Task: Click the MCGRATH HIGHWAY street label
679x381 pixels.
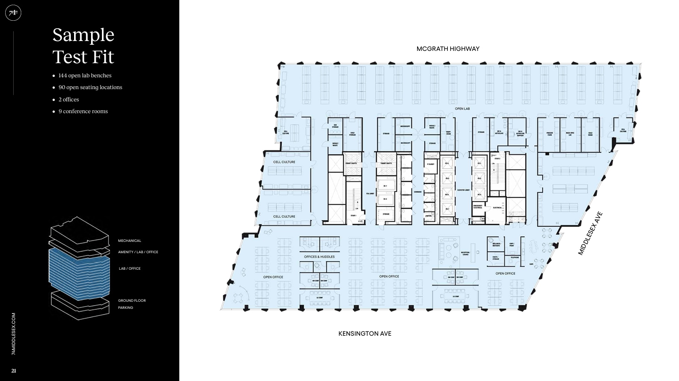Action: [448, 49]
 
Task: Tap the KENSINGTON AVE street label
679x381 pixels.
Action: [365, 334]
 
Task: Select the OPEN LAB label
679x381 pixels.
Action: [462, 109]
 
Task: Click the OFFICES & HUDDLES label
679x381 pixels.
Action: [319, 257]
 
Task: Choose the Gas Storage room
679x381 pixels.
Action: [335, 126]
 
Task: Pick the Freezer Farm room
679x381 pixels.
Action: [549, 134]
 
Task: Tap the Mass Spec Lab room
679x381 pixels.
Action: [570, 134]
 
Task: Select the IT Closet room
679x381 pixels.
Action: [430, 164]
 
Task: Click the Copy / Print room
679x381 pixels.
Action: [511, 245]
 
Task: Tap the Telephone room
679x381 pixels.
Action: [514, 258]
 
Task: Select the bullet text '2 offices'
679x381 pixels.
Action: [69, 99]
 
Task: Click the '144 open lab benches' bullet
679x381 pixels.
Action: [85, 75]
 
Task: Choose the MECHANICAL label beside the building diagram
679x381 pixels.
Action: [129, 241]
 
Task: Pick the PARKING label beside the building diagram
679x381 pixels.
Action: [126, 308]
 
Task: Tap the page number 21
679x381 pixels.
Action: [14, 371]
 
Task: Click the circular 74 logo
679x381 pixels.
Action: [13, 13]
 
